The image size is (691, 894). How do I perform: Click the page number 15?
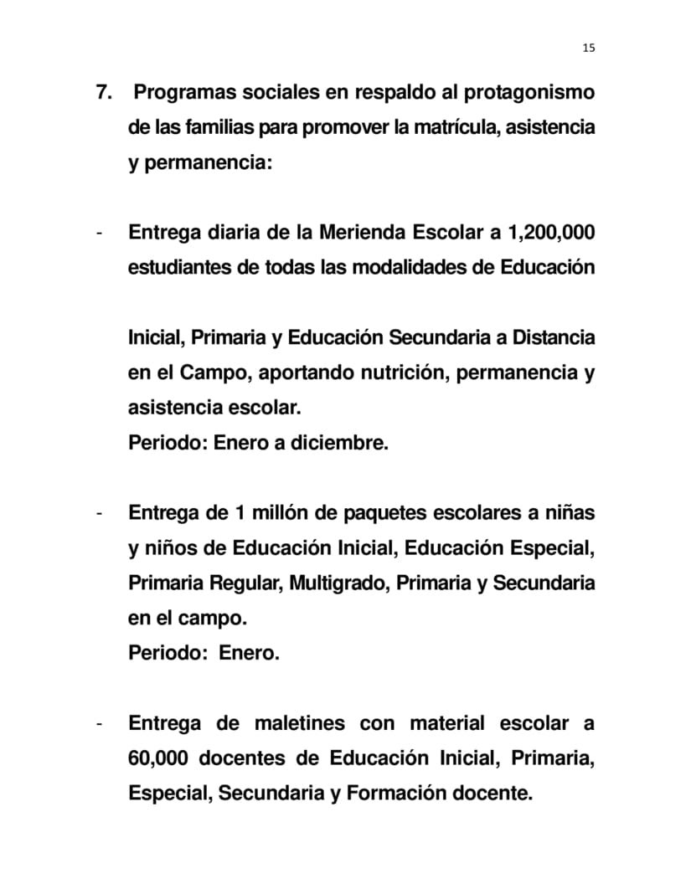tap(588, 48)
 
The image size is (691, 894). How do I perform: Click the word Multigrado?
tap(338, 583)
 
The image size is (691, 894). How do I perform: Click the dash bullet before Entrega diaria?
tap(100, 233)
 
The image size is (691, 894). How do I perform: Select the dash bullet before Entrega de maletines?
tap(100, 723)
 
